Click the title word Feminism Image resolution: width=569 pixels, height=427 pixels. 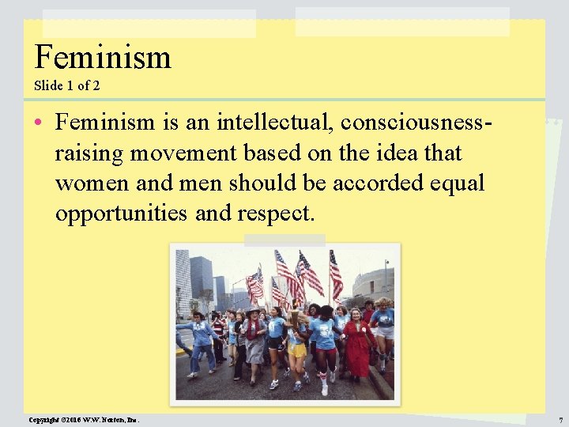click(x=103, y=57)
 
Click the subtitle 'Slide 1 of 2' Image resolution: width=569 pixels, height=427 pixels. click(x=66, y=85)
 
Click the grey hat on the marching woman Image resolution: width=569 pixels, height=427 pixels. click(x=254, y=312)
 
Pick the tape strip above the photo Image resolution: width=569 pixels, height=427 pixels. click(x=273, y=240)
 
